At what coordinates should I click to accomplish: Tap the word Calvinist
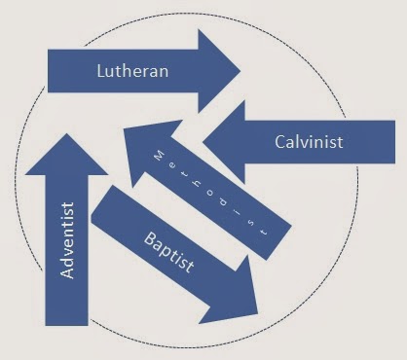[307, 143]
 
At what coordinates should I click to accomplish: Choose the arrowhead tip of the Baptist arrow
[257, 314]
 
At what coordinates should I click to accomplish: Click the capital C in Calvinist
[277, 143]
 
